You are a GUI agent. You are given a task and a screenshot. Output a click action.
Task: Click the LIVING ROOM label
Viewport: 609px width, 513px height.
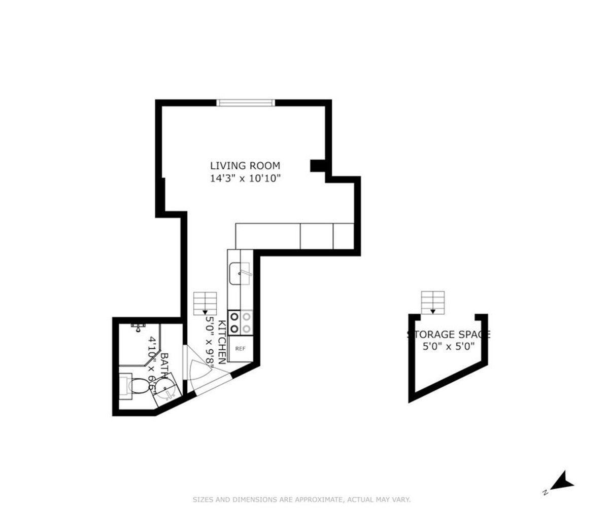pos(245,165)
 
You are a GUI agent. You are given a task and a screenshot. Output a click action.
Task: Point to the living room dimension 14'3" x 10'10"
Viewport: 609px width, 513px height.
pos(245,178)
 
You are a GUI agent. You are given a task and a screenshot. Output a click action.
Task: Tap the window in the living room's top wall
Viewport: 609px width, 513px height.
pos(246,103)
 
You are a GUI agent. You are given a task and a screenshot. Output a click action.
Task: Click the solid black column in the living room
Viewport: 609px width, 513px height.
pos(317,166)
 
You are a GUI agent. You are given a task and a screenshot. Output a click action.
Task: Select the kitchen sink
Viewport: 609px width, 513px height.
pos(239,274)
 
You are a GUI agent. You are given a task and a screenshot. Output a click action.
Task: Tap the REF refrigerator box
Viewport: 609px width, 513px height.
pos(240,349)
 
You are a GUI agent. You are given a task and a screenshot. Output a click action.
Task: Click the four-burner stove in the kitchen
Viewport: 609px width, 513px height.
pos(240,322)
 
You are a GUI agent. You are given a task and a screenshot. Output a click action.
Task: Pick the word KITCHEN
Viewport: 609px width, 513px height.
pos(222,342)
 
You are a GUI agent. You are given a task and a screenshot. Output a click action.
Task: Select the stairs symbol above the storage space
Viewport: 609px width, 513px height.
pos(432,303)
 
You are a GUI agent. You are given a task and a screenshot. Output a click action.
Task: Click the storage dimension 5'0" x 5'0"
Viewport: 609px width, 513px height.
pos(448,347)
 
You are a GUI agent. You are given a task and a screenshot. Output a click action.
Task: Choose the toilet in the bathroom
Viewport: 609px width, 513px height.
pos(133,386)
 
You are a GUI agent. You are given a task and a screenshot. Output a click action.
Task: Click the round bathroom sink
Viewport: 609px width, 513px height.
pos(165,390)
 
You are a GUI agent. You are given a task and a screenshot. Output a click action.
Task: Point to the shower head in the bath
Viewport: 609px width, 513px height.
pos(137,327)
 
